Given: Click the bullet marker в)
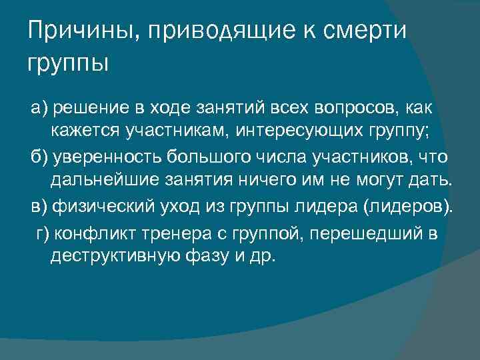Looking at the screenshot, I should click(41, 205).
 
